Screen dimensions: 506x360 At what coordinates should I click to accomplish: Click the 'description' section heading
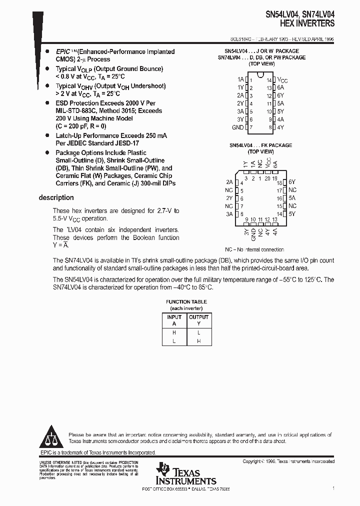(x=56, y=197)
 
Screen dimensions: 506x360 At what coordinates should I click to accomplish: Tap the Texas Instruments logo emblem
(x=163, y=470)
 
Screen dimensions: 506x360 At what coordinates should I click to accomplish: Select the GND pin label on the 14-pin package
(x=237, y=127)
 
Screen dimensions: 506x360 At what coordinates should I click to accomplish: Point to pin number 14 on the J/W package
(x=268, y=80)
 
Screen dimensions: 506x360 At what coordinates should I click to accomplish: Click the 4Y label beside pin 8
(x=280, y=127)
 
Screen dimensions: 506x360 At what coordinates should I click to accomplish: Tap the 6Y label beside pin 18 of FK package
(x=292, y=182)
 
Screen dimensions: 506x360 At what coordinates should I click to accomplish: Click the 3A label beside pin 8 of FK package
(x=229, y=214)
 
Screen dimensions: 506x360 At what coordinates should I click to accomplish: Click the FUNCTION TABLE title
(x=186, y=301)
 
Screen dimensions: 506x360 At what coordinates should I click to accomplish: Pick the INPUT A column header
(x=174, y=320)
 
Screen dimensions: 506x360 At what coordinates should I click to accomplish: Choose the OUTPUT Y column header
(x=198, y=320)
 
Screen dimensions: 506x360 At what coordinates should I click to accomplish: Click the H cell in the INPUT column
(x=174, y=332)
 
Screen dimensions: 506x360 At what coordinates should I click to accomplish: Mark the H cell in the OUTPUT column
(x=198, y=340)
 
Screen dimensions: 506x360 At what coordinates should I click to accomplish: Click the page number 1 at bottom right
(x=333, y=488)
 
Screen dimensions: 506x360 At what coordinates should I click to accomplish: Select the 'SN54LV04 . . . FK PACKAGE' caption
(x=261, y=145)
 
